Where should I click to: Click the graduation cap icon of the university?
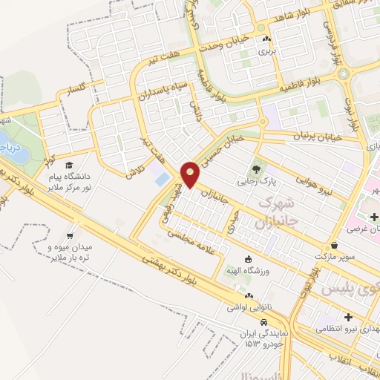69,166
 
